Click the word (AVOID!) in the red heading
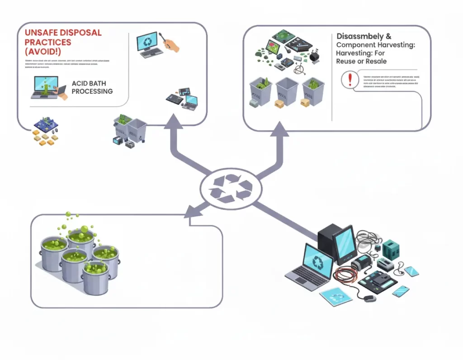(x=44, y=52)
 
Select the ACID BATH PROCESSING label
(x=92, y=87)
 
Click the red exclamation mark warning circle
(x=349, y=81)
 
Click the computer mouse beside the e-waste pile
(x=369, y=298)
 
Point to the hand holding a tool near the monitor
(x=171, y=44)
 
